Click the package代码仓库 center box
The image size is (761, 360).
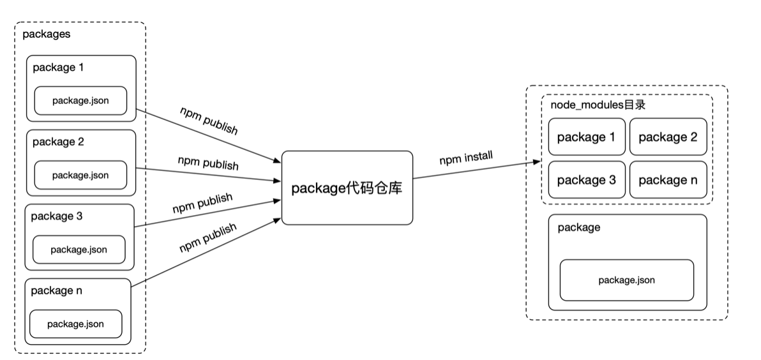tap(347, 188)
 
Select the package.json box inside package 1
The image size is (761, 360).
tap(80, 100)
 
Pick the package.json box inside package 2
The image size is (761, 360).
tap(80, 175)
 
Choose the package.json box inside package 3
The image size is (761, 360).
tap(79, 249)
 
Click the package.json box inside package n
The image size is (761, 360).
tap(75, 324)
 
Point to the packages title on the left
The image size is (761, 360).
tap(46, 34)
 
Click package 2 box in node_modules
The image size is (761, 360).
tap(668, 137)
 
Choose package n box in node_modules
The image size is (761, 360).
tap(668, 179)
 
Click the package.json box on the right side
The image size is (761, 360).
tap(626, 280)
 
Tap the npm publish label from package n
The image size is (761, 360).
tap(209, 238)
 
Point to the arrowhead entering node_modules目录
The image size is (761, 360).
tap(538, 163)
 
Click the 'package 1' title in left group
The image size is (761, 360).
tap(58, 67)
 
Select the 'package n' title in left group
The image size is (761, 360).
tap(57, 290)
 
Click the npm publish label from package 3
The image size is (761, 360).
tap(202, 204)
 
